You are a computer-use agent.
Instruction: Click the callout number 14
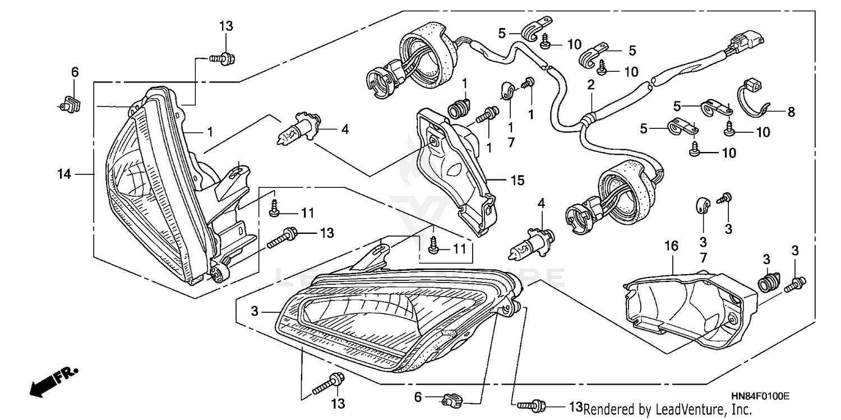[x=64, y=174]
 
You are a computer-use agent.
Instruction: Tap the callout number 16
[x=671, y=246]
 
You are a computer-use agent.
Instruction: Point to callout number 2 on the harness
[x=590, y=85]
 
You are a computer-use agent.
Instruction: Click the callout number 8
[x=791, y=112]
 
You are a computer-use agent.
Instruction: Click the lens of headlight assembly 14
[x=146, y=185]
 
